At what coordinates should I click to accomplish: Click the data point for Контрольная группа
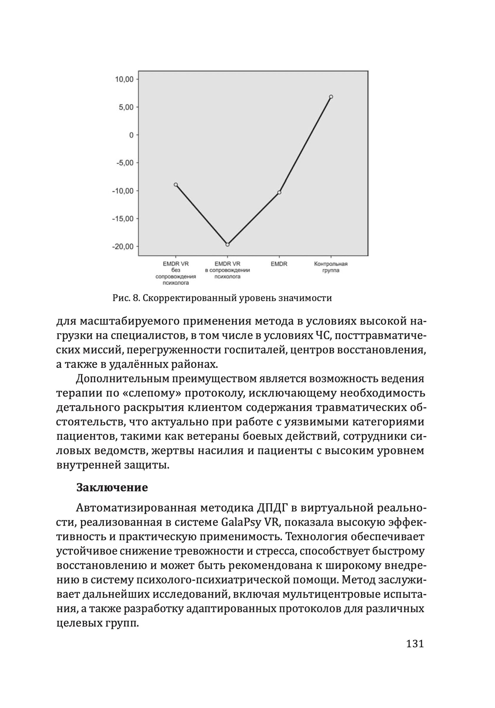[x=331, y=96]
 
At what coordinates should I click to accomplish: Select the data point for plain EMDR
[x=279, y=192]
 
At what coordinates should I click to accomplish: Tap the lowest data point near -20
[x=227, y=245]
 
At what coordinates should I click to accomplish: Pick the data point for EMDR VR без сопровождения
[x=176, y=185]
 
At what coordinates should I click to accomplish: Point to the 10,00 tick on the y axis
[x=124, y=79]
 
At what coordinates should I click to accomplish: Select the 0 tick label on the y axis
[x=131, y=135]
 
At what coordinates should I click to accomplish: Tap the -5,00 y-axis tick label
[x=125, y=163]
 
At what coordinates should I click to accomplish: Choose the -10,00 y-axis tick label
[x=123, y=191]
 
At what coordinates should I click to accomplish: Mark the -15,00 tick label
[x=123, y=219]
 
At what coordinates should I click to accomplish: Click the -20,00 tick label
[x=123, y=247]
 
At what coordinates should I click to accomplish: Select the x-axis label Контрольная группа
[x=331, y=267]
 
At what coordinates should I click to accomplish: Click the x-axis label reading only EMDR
[x=279, y=264]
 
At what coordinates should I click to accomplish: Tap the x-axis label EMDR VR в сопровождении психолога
[x=227, y=270]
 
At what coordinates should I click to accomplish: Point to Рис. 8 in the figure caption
[x=125, y=298]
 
